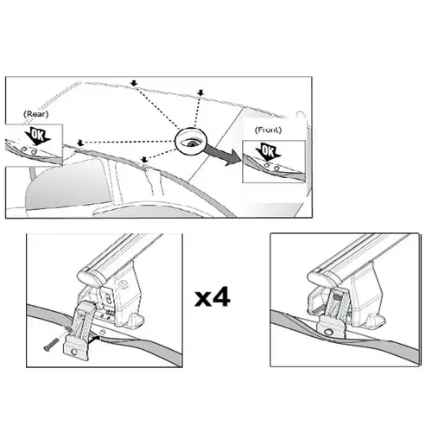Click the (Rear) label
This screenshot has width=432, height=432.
[x=35, y=114]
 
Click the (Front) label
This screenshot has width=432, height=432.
[x=268, y=130]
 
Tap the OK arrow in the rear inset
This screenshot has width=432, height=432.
[x=37, y=137]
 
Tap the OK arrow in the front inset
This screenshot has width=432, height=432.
[x=268, y=152]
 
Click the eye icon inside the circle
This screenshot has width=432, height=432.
[x=191, y=143]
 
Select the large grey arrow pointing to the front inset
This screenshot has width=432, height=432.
[x=223, y=156]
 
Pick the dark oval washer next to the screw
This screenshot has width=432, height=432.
[x=68, y=329]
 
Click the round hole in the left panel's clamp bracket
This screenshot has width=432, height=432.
[x=74, y=352]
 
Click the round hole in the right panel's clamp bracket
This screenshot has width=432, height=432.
[x=328, y=332]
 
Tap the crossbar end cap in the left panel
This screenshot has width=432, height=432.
[x=90, y=277]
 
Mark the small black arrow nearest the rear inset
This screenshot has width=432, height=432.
[x=80, y=143]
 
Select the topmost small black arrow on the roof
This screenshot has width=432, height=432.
[x=134, y=83]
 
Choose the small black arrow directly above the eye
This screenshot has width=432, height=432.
[x=200, y=92]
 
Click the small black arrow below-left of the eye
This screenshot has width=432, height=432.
[x=144, y=159]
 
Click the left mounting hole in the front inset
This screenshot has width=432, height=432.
[x=267, y=166]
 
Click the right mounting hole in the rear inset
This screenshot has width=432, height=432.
[x=35, y=151]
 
